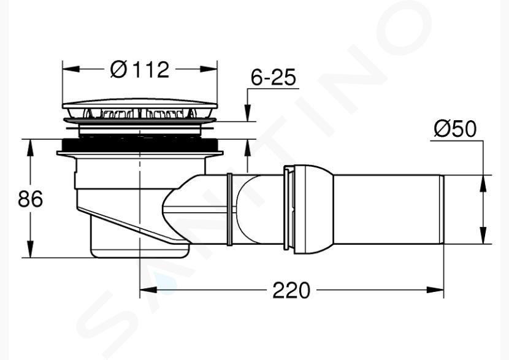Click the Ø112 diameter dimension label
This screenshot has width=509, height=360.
coord(140,69)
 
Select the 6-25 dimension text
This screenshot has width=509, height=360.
coord(274,77)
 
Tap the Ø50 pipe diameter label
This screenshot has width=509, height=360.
coord(455,129)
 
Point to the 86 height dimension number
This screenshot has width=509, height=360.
coord(30,199)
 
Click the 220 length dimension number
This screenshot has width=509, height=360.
coord(291,290)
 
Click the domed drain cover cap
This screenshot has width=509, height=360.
coord(140,104)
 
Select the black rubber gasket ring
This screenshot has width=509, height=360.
coord(140,145)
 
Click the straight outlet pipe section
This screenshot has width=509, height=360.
coord(389,209)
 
